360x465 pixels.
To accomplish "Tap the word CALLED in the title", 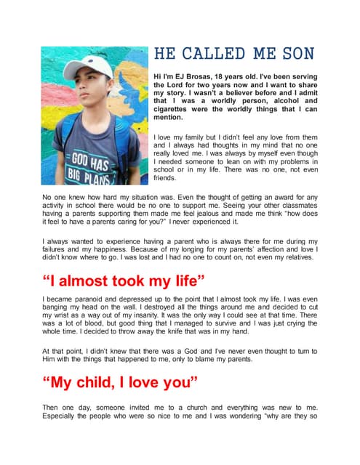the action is click(212, 54).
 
